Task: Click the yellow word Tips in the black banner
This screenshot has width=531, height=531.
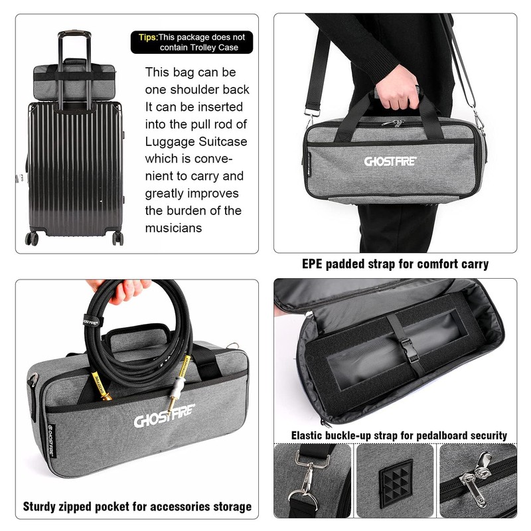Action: pos(147,37)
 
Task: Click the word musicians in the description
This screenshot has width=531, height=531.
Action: pos(173,228)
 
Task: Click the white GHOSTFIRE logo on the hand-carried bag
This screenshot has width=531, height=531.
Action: pos(390,161)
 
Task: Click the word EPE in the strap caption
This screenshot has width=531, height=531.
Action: pos(312,264)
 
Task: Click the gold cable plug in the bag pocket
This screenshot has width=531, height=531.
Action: pos(101,386)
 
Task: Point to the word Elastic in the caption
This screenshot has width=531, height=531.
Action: pos(307,435)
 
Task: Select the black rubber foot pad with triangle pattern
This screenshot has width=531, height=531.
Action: pos(396,481)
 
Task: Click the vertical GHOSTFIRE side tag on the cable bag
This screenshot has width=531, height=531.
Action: pos(51,441)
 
